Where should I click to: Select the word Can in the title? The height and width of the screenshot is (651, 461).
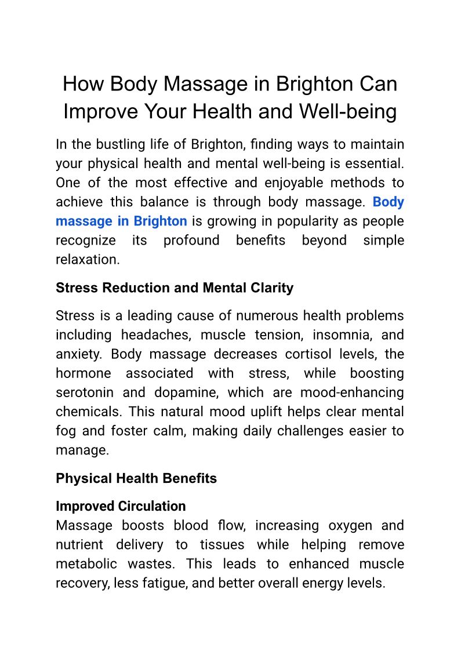(377, 84)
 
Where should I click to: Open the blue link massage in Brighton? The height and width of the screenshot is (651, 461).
(121, 221)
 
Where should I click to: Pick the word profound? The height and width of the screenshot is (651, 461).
(191, 240)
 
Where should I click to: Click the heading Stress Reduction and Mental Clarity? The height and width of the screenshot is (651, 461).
(175, 288)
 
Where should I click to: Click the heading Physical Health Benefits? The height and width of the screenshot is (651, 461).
(136, 478)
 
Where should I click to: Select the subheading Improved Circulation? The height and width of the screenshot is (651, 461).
(121, 506)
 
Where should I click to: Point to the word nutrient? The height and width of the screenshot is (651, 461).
(79, 544)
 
